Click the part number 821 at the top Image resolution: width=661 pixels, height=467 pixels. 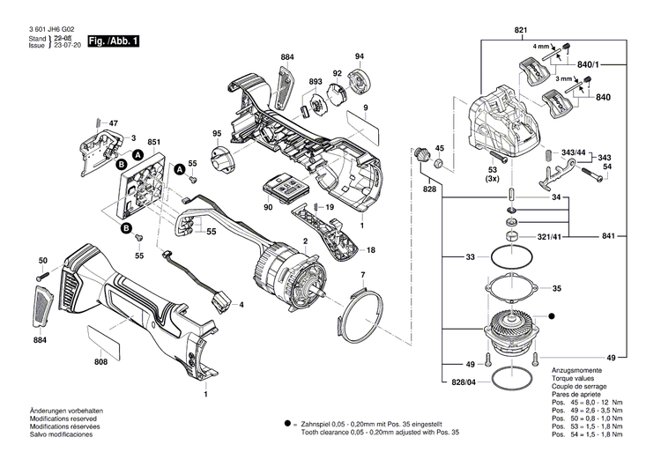(520, 32)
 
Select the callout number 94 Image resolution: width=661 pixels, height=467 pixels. (359, 57)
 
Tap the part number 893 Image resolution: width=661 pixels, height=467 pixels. (316, 82)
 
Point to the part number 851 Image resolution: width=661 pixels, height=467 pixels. (153, 141)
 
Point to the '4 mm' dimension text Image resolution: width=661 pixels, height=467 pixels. (539, 45)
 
